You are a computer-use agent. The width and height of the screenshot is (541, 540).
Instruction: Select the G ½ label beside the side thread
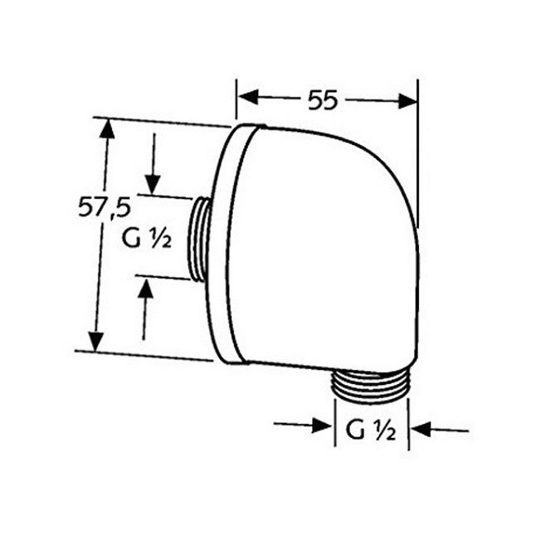(147, 241)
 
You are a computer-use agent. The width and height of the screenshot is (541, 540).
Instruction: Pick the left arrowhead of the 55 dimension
(246, 99)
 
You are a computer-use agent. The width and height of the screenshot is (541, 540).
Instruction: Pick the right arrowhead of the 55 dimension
(407, 100)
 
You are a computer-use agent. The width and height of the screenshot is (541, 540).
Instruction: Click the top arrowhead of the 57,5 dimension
(105, 129)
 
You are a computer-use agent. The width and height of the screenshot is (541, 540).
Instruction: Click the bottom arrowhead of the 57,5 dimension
(97, 340)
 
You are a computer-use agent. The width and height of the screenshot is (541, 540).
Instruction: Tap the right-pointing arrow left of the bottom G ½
(319, 426)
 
